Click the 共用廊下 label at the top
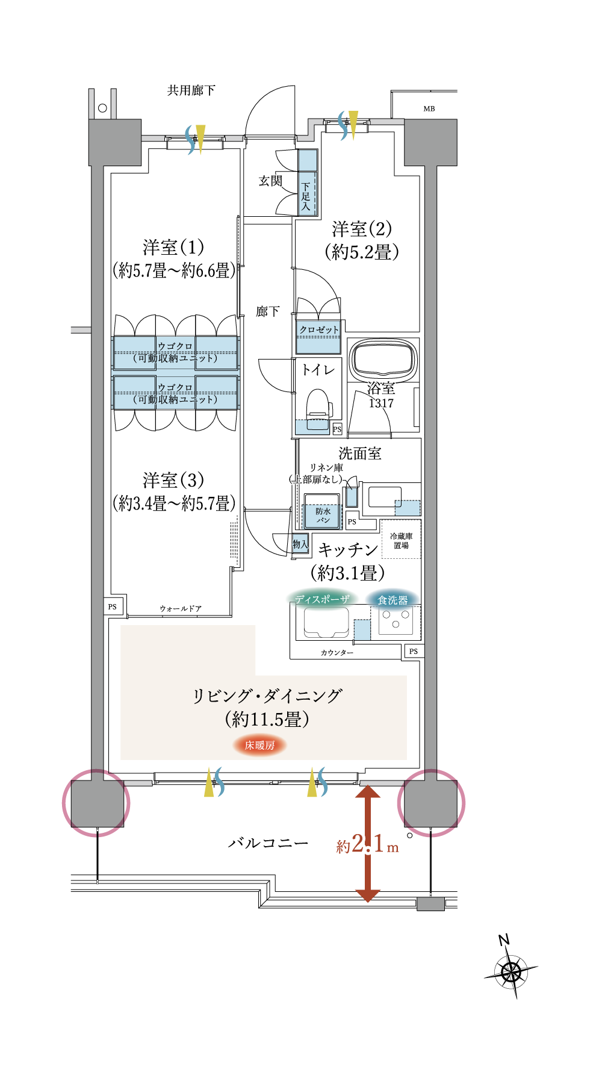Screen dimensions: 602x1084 pos(191,90)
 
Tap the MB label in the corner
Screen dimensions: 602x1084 pos(429,109)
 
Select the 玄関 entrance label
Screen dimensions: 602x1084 pos(270,181)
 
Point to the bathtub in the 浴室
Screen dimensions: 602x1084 pos(383,360)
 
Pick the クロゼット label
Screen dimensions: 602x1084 pos(319,329)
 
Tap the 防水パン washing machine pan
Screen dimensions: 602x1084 pos(323,511)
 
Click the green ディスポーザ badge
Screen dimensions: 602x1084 pos(322,599)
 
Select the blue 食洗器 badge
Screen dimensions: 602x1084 pos(393,600)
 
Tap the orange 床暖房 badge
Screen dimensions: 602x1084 pos(259,745)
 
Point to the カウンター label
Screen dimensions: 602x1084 pos(337,652)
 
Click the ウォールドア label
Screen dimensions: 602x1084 pos(181,609)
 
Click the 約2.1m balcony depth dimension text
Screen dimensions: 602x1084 pos(367,844)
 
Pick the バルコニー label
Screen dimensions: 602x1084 pos(268,843)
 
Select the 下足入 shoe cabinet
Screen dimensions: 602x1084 pos(308,182)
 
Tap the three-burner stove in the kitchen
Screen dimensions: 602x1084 pos(396,620)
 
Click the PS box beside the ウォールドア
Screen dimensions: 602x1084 pos(113,606)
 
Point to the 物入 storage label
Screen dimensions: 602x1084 pos(300,544)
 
